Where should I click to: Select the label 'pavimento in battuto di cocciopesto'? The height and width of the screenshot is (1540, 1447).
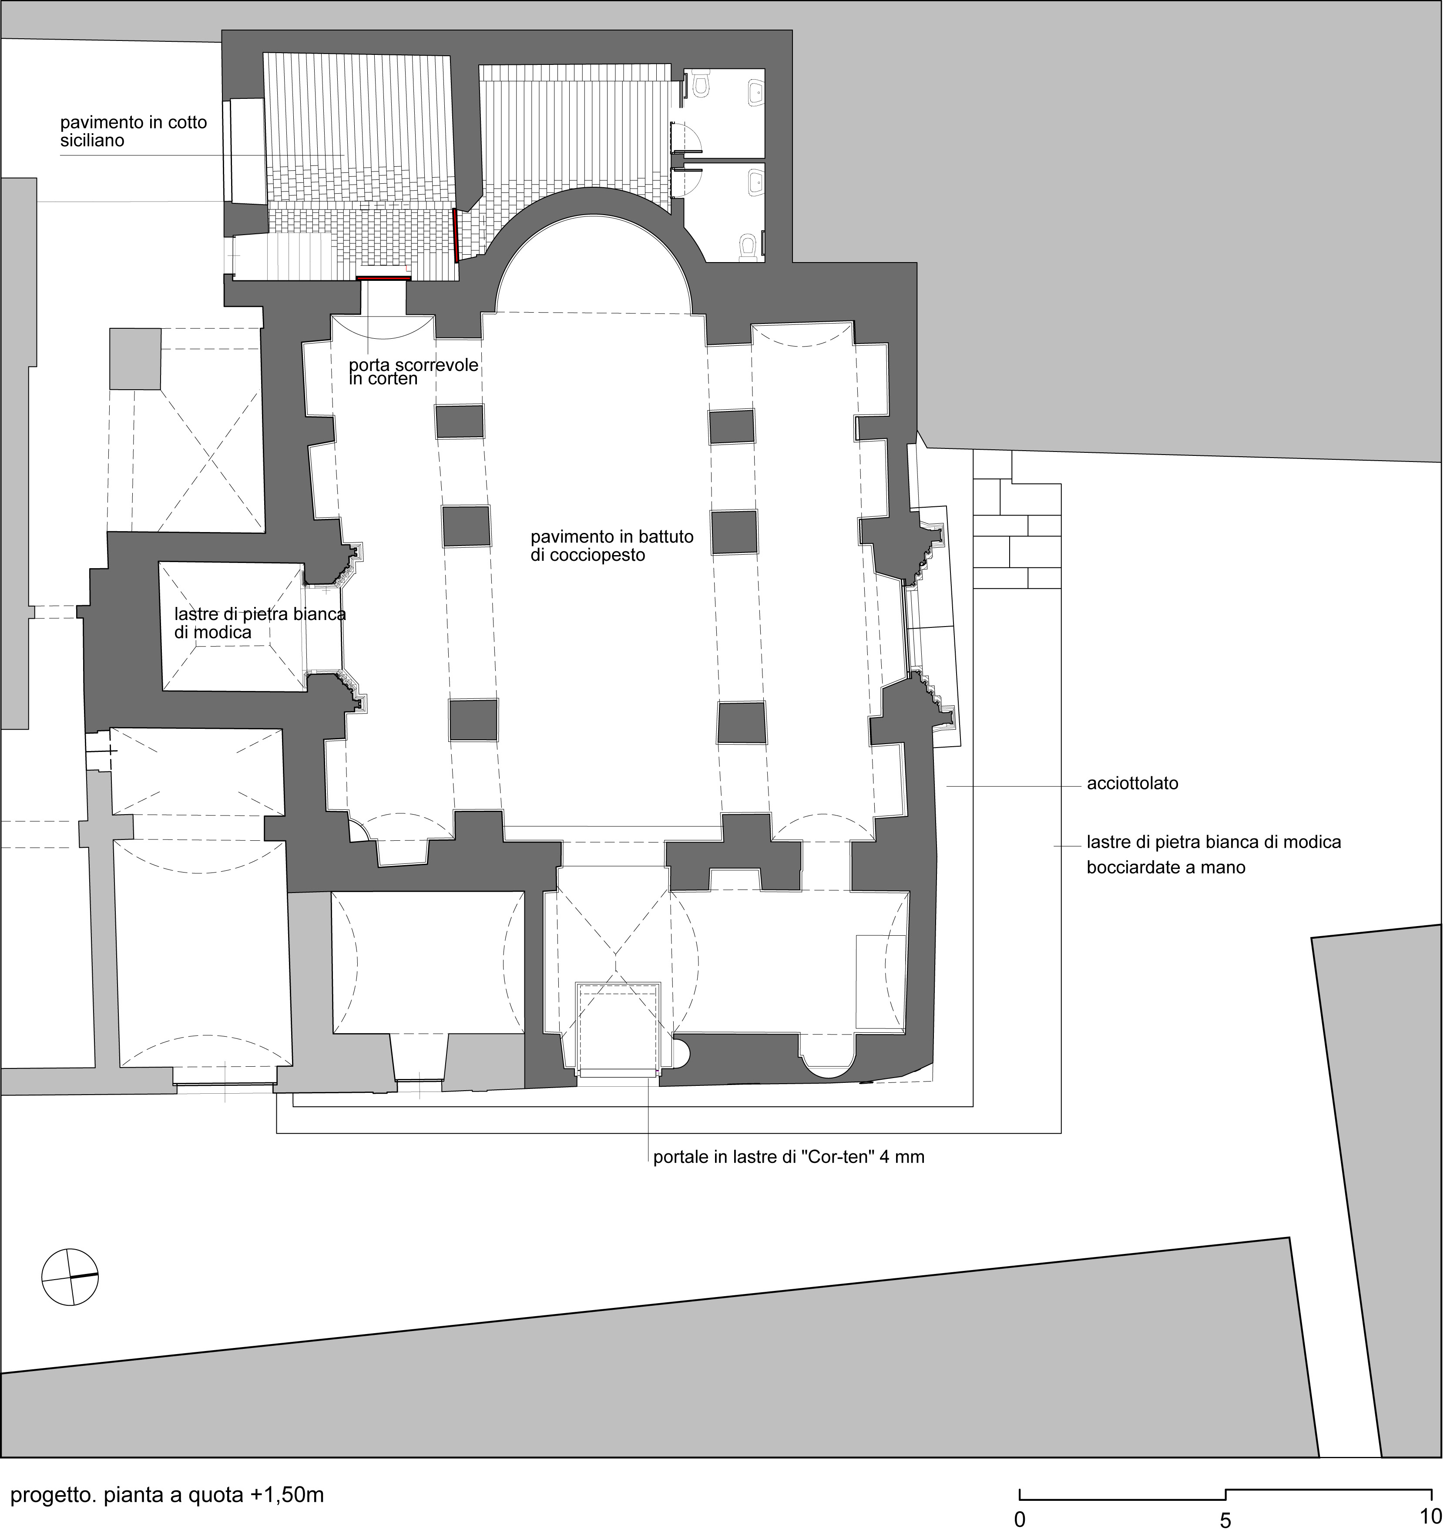pyautogui.click(x=612, y=546)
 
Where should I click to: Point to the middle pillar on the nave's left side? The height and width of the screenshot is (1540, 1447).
pyautogui.click(x=467, y=527)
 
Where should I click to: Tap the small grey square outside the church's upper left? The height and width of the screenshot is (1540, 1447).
pyautogui.click(x=135, y=359)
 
